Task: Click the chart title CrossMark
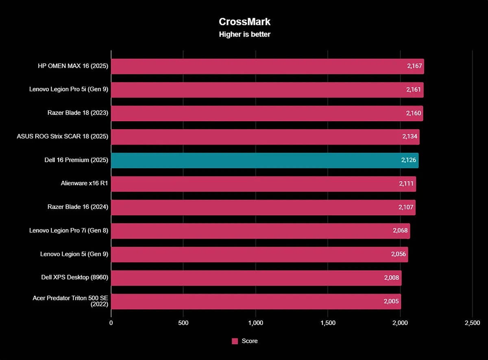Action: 244,22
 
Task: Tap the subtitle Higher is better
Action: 244,35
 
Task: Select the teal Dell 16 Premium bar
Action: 264,160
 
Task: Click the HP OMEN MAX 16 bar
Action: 267,66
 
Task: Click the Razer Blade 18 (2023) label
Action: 78,113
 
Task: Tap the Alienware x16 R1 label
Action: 85,184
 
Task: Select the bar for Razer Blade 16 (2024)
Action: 263,207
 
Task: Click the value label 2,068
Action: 401,231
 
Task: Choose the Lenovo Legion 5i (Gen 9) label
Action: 74,254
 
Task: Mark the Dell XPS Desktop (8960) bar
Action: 256,278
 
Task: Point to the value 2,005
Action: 392,301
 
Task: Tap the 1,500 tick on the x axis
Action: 328,323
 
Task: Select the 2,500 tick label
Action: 472,323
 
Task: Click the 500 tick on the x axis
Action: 183,323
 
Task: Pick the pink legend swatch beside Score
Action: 235,341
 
